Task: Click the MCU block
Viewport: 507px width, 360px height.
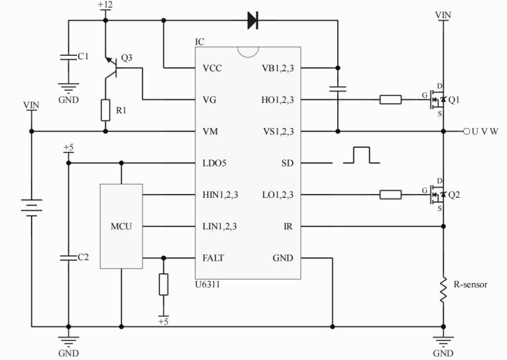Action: click(x=121, y=226)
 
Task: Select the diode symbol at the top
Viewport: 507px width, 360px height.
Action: click(x=253, y=21)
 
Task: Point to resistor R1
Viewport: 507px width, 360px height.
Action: click(x=105, y=110)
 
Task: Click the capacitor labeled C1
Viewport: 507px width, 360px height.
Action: click(x=68, y=57)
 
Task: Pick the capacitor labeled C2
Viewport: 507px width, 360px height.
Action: click(x=68, y=257)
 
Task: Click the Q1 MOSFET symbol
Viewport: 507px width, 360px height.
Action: click(x=437, y=100)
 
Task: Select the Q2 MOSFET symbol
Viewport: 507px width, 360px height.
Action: click(x=437, y=194)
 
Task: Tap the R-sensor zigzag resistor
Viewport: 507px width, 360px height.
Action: click(x=443, y=289)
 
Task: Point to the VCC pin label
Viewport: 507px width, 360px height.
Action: click(x=213, y=69)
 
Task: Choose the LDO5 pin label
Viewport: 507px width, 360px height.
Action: click(x=215, y=163)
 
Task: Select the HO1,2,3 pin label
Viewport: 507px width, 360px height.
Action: click(x=277, y=100)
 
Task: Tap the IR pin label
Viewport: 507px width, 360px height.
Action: click(x=288, y=226)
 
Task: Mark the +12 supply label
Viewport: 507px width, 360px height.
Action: click(x=105, y=6)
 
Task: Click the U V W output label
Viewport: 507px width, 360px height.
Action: click(x=485, y=131)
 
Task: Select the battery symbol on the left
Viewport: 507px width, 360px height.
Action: click(x=31, y=206)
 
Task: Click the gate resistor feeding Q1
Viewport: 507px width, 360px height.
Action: click(x=390, y=100)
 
